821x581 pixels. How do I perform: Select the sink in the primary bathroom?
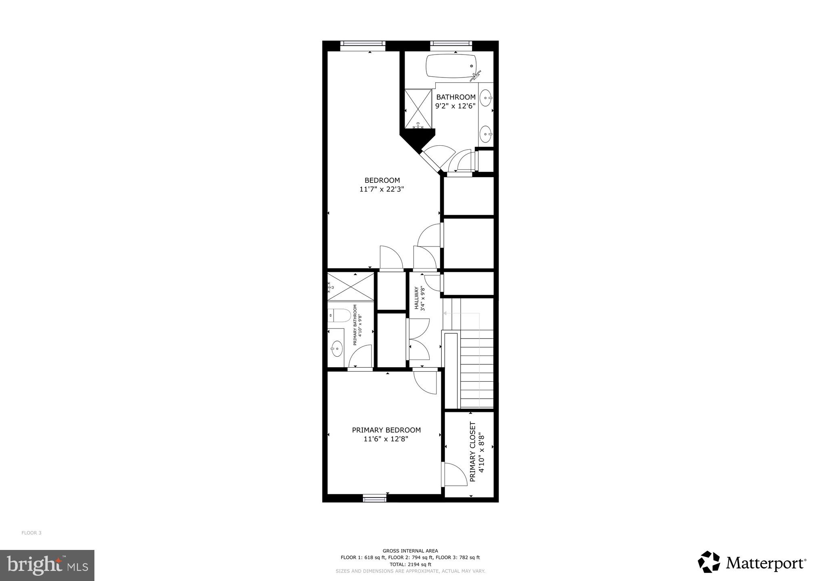point(336,347)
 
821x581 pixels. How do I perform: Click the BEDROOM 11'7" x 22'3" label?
point(382,185)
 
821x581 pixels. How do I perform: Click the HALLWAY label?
point(420,299)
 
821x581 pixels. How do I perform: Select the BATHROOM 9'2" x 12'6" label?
point(455,101)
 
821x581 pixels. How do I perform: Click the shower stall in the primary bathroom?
point(351,286)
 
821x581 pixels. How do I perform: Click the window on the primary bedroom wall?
point(375,499)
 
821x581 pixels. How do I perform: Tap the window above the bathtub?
point(451,43)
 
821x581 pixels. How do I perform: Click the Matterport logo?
point(752,562)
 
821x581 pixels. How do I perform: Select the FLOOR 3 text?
point(31,533)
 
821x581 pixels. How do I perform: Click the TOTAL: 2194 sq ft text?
point(410,564)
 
